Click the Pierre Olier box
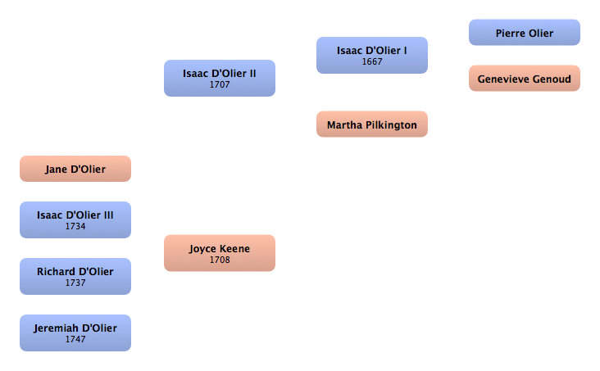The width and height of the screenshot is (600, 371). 524,33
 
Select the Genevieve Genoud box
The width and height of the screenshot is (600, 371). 524,79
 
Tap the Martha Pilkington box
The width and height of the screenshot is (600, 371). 371,124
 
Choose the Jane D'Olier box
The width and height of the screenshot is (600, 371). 75,169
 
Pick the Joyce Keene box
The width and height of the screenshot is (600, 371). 219,253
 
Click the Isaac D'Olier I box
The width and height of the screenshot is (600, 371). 371,55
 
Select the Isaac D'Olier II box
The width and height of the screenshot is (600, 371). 219,78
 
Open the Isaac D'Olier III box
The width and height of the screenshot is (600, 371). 75,219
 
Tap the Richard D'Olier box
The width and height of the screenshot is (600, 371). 75,276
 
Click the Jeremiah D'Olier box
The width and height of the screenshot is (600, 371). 75,333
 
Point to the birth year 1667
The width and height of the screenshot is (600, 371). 371,61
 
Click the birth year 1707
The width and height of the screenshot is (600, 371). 219,84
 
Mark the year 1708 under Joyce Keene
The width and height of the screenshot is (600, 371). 219,260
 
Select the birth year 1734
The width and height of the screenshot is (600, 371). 75,226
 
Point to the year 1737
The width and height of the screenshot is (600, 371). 75,283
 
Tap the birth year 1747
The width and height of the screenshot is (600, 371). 75,339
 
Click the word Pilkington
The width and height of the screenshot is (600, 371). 390,125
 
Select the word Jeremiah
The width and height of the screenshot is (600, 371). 57,328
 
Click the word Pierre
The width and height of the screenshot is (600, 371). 511,34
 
